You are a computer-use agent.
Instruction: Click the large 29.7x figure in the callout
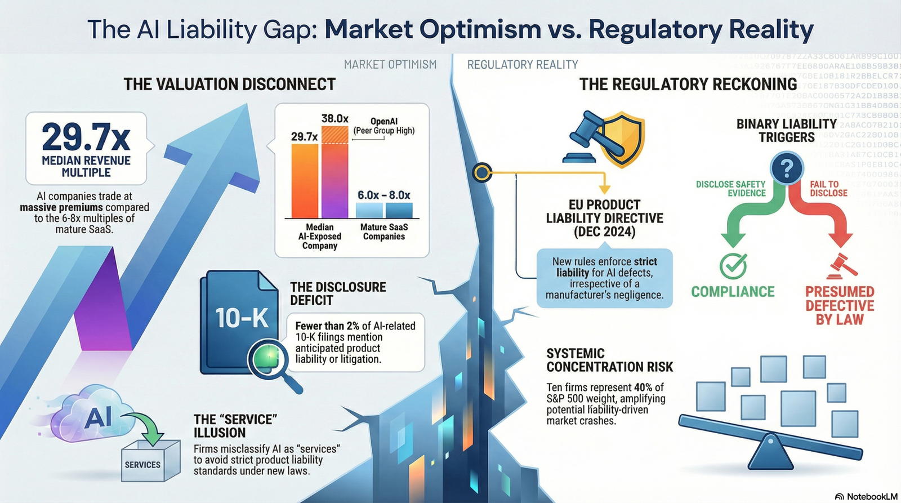86,137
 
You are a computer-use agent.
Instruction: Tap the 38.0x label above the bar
335,119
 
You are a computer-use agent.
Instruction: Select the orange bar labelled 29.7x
305,181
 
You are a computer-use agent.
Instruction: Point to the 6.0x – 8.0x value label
384,195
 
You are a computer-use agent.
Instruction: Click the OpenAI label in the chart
384,121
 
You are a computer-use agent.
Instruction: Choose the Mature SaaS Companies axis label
384,232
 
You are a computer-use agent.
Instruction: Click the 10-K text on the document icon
242,318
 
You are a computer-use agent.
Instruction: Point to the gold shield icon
622,139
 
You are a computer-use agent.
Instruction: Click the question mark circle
787,168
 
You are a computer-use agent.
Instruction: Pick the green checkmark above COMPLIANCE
733,266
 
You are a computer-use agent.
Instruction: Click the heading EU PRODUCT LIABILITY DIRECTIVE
604,218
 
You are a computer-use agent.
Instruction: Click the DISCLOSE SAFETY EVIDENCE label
730,189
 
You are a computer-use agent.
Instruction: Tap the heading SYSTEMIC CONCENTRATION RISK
609,360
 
